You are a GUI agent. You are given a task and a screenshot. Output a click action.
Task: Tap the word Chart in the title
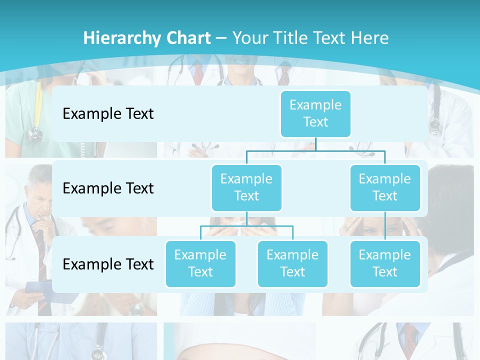(187, 38)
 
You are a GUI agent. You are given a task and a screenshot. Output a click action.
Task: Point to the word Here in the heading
(370, 38)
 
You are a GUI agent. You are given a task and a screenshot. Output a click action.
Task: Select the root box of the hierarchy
(315, 113)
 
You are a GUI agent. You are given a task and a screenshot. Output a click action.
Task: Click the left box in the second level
(246, 187)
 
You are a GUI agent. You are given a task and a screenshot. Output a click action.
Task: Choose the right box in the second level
(385, 187)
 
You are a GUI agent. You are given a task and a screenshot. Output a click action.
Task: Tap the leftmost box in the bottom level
(200, 263)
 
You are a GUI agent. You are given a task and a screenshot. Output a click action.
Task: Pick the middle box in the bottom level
(292, 263)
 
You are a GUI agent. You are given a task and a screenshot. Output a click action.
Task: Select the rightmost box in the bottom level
(385, 263)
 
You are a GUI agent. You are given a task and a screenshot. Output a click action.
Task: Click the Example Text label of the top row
(108, 114)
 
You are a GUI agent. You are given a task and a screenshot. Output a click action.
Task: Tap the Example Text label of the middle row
(108, 188)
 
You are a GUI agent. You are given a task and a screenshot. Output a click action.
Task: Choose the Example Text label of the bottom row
(108, 264)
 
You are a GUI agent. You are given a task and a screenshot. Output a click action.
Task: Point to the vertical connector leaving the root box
(315, 144)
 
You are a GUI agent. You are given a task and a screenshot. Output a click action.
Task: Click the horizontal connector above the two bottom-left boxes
(246, 226)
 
